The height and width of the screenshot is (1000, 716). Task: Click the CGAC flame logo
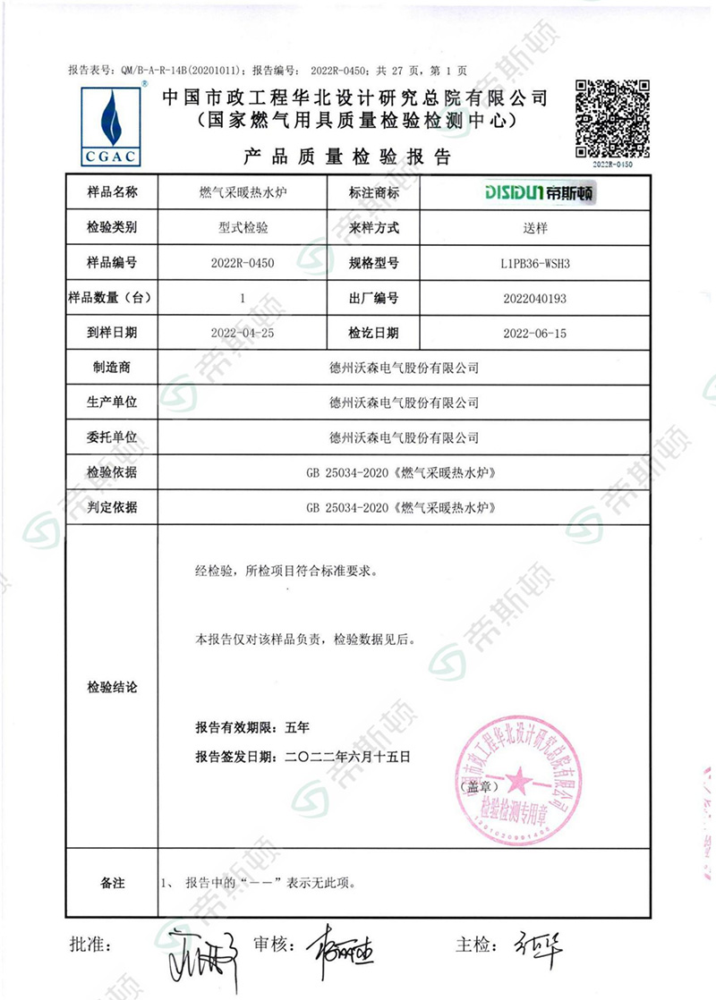click(x=111, y=125)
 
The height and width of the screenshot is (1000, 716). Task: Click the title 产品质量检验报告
click(x=348, y=157)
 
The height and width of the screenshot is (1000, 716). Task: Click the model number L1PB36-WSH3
click(x=533, y=263)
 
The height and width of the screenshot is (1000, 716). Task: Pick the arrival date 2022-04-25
click(x=242, y=333)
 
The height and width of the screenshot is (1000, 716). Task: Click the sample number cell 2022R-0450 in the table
click(x=242, y=263)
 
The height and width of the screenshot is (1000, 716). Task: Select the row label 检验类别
click(x=112, y=228)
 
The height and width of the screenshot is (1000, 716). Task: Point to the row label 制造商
click(x=112, y=368)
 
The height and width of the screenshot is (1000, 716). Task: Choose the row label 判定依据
click(x=112, y=507)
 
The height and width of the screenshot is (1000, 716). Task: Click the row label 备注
click(x=112, y=883)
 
